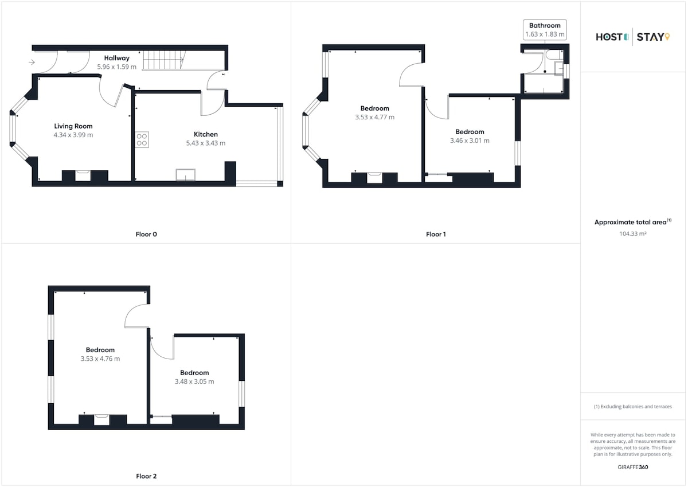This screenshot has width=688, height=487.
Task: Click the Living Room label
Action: [73, 126]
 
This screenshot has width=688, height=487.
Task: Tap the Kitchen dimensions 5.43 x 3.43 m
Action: [206, 143]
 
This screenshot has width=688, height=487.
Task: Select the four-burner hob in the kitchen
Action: [142, 140]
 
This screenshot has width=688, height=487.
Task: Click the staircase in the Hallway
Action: [164, 60]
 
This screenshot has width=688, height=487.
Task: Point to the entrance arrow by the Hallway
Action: [32, 63]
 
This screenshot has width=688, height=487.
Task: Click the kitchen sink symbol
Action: [186, 174]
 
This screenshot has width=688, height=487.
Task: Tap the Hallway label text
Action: [117, 58]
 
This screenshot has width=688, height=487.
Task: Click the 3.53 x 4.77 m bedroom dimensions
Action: [375, 117]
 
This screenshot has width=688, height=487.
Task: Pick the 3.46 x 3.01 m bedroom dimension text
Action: [470, 141]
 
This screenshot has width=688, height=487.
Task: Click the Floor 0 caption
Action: [146, 234]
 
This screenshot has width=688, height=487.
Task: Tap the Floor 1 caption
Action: [436, 234]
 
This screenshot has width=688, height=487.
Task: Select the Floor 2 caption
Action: [146, 476]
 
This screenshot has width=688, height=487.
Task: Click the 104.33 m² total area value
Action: [633, 233]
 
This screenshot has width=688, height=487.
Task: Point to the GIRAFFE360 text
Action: [633, 467]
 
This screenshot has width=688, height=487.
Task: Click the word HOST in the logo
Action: [609, 37]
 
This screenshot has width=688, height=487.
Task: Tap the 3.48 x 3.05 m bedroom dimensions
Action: [194, 381]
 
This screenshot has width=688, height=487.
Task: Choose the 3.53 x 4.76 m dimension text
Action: [100, 359]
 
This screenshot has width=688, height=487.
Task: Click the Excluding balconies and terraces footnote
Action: [633, 407]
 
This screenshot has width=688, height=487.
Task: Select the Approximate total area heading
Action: [633, 222]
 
